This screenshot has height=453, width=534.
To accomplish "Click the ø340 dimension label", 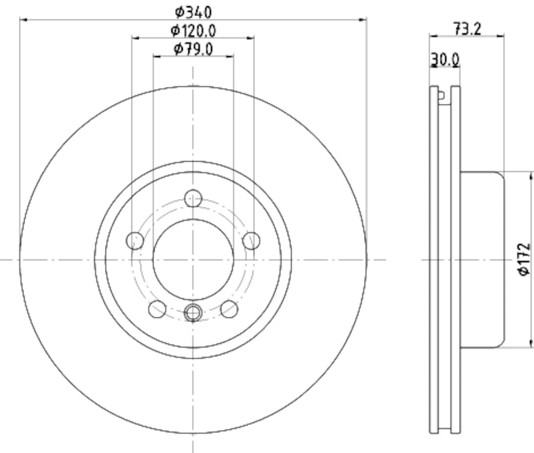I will coord(194,11).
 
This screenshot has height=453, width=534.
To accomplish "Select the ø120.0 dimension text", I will coord(194,30).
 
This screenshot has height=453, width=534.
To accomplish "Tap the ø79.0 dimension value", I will coord(194,49).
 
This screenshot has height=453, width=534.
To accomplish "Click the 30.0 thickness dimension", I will coord(445,59).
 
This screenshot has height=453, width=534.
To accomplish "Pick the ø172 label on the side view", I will coord(523,259).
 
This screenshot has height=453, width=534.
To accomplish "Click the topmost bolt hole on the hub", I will coord(194,198).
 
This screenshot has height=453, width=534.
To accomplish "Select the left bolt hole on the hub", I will coord(136,240).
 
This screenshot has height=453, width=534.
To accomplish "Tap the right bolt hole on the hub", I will coord(252,240).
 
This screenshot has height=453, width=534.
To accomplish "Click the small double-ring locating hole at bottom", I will coord(194,311).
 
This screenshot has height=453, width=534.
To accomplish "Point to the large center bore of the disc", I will coord(194,259).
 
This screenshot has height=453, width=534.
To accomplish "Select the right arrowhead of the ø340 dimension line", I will coord(364,19).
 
